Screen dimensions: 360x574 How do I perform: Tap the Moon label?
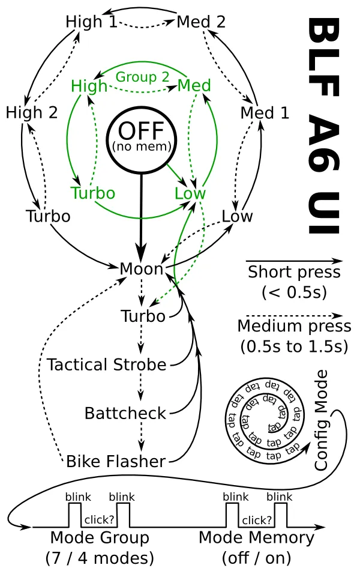(x=141, y=269)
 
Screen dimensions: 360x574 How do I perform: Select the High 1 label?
(x=91, y=22)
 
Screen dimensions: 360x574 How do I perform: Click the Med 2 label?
(x=201, y=22)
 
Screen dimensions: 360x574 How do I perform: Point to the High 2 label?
(x=32, y=112)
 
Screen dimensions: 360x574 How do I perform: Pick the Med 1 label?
(x=265, y=112)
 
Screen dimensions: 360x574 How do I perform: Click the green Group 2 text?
(x=143, y=77)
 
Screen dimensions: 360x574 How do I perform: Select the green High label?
(x=89, y=86)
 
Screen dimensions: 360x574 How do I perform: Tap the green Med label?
(x=194, y=86)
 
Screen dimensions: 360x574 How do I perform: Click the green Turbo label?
(x=93, y=193)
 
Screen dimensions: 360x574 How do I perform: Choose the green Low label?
(x=190, y=193)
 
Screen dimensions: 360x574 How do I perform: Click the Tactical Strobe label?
(x=106, y=365)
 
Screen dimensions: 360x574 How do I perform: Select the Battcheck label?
(x=125, y=413)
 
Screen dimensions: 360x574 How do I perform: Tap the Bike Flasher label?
(x=116, y=461)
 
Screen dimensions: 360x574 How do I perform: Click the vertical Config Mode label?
(x=321, y=420)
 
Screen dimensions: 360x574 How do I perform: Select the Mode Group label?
(x=100, y=537)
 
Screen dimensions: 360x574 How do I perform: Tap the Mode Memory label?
(x=256, y=537)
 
